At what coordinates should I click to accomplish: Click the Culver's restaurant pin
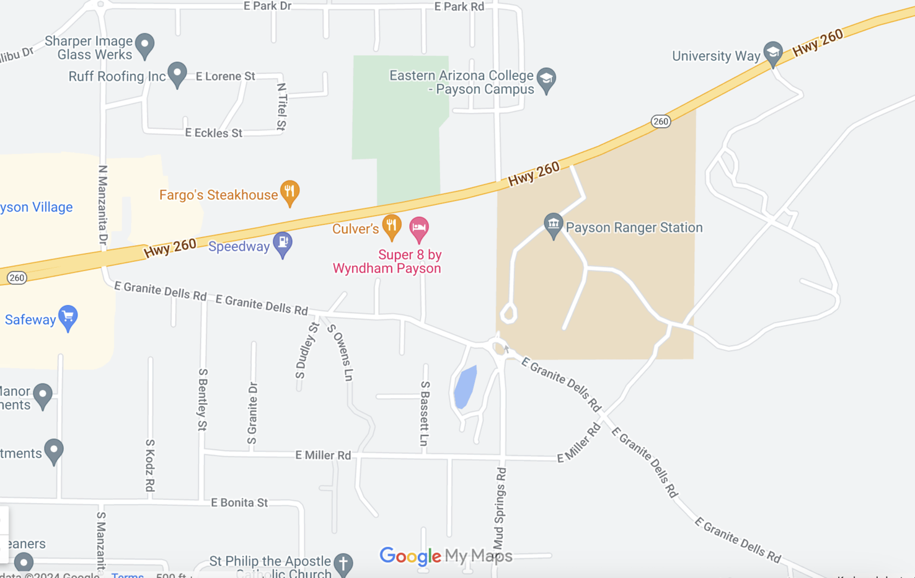(391, 226)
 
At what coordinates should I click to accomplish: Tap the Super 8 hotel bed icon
(419, 229)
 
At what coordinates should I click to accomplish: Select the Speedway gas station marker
(283, 244)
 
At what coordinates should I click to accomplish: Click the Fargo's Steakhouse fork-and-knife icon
(290, 193)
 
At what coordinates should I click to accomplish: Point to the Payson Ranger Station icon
(552, 225)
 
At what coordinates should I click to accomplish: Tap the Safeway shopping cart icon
(68, 318)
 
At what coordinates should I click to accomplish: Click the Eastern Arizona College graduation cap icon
(546, 80)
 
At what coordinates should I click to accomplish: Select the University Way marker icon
(772, 53)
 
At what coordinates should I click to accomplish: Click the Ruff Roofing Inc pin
(177, 74)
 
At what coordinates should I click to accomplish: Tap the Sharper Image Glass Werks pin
(144, 45)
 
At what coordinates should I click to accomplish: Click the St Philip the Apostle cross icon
(343, 563)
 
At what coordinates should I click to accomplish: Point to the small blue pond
(465, 386)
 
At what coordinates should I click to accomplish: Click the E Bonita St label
(239, 502)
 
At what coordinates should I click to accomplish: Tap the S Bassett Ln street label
(425, 413)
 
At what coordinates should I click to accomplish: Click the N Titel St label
(282, 107)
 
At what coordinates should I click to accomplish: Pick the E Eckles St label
(213, 133)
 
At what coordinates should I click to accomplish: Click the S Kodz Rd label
(150, 465)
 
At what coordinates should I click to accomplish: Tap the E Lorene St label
(225, 76)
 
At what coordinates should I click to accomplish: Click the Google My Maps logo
(446, 556)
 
